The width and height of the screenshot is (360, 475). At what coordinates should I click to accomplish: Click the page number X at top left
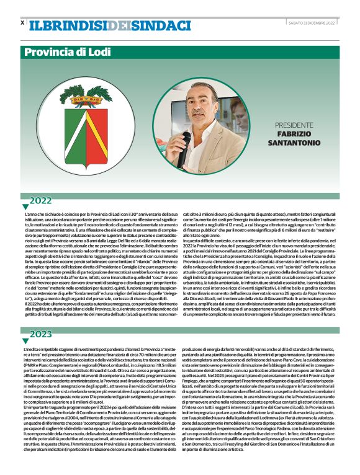22,23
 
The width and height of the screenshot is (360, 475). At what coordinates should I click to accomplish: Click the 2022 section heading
41,200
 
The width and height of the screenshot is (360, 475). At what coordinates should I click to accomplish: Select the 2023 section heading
41,335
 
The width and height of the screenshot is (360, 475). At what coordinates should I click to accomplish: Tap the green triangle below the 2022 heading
25,206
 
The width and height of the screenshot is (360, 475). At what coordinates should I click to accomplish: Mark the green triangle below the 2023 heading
25,341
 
